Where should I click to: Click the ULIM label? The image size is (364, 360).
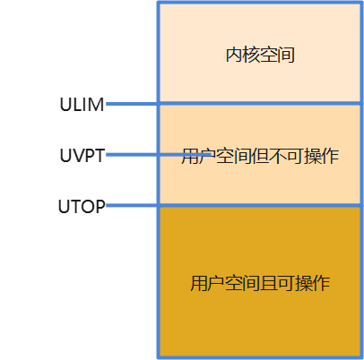point(82,104)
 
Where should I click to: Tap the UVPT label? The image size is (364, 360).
point(82,155)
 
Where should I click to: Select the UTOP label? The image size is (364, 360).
point(82,207)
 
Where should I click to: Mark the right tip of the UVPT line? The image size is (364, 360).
point(212,155)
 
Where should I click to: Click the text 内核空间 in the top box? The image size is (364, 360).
point(260,56)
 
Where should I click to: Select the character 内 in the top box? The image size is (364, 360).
point(234,56)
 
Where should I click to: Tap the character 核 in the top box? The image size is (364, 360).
point(252,56)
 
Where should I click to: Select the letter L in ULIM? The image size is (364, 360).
point(74,104)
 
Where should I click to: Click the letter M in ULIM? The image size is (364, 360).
point(96,104)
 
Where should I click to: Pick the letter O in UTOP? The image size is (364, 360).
point(86,207)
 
